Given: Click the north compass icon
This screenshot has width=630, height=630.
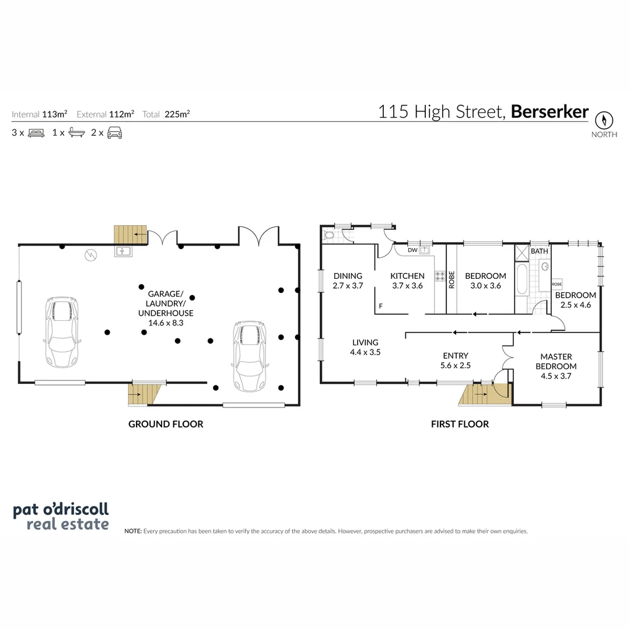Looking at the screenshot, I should [x=604, y=121].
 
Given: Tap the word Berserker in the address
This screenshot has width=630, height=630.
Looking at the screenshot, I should [x=549, y=111].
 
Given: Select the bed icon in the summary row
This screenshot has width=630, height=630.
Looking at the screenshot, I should [x=36, y=132].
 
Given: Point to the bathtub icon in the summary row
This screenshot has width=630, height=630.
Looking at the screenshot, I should [x=76, y=132].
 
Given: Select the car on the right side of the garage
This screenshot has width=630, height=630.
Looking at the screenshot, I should [x=250, y=355].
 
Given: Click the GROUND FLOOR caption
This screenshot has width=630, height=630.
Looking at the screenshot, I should [x=166, y=424].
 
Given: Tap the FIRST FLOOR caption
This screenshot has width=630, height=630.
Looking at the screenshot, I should [x=460, y=424].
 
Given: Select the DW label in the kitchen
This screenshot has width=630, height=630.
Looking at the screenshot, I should [x=412, y=250].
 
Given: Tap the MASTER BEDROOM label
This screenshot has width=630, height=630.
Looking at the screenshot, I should [x=556, y=362].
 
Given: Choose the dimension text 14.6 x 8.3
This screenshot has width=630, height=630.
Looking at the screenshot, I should [x=166, y=322].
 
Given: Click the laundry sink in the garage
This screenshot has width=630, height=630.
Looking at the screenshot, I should [x=123, y=252].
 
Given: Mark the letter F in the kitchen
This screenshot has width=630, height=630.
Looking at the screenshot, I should [x=381, y=306].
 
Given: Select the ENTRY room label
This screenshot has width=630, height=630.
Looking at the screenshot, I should [x=456, y=356].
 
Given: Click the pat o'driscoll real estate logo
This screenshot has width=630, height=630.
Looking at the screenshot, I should [x=61, y=516].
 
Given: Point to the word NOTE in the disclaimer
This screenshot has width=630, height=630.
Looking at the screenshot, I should [x=132, y=531].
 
